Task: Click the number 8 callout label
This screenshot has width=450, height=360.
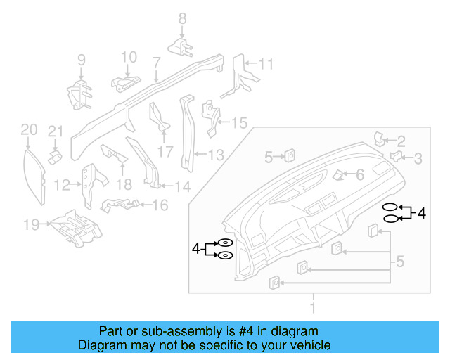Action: click(x=182, y=19)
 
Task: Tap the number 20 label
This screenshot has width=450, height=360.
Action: click(x=28, y=129)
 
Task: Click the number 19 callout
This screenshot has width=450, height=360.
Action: click(x=30, y=225)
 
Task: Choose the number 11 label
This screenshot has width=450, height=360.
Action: click(x=265, y=65)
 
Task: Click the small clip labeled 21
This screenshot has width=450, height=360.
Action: click(x=54, y=153)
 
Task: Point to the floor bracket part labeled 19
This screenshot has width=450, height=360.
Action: click(x=75, y=226)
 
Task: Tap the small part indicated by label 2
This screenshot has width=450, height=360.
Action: click(x=378, y=138)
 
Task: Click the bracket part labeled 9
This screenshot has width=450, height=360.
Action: click(x=78, y=93)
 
